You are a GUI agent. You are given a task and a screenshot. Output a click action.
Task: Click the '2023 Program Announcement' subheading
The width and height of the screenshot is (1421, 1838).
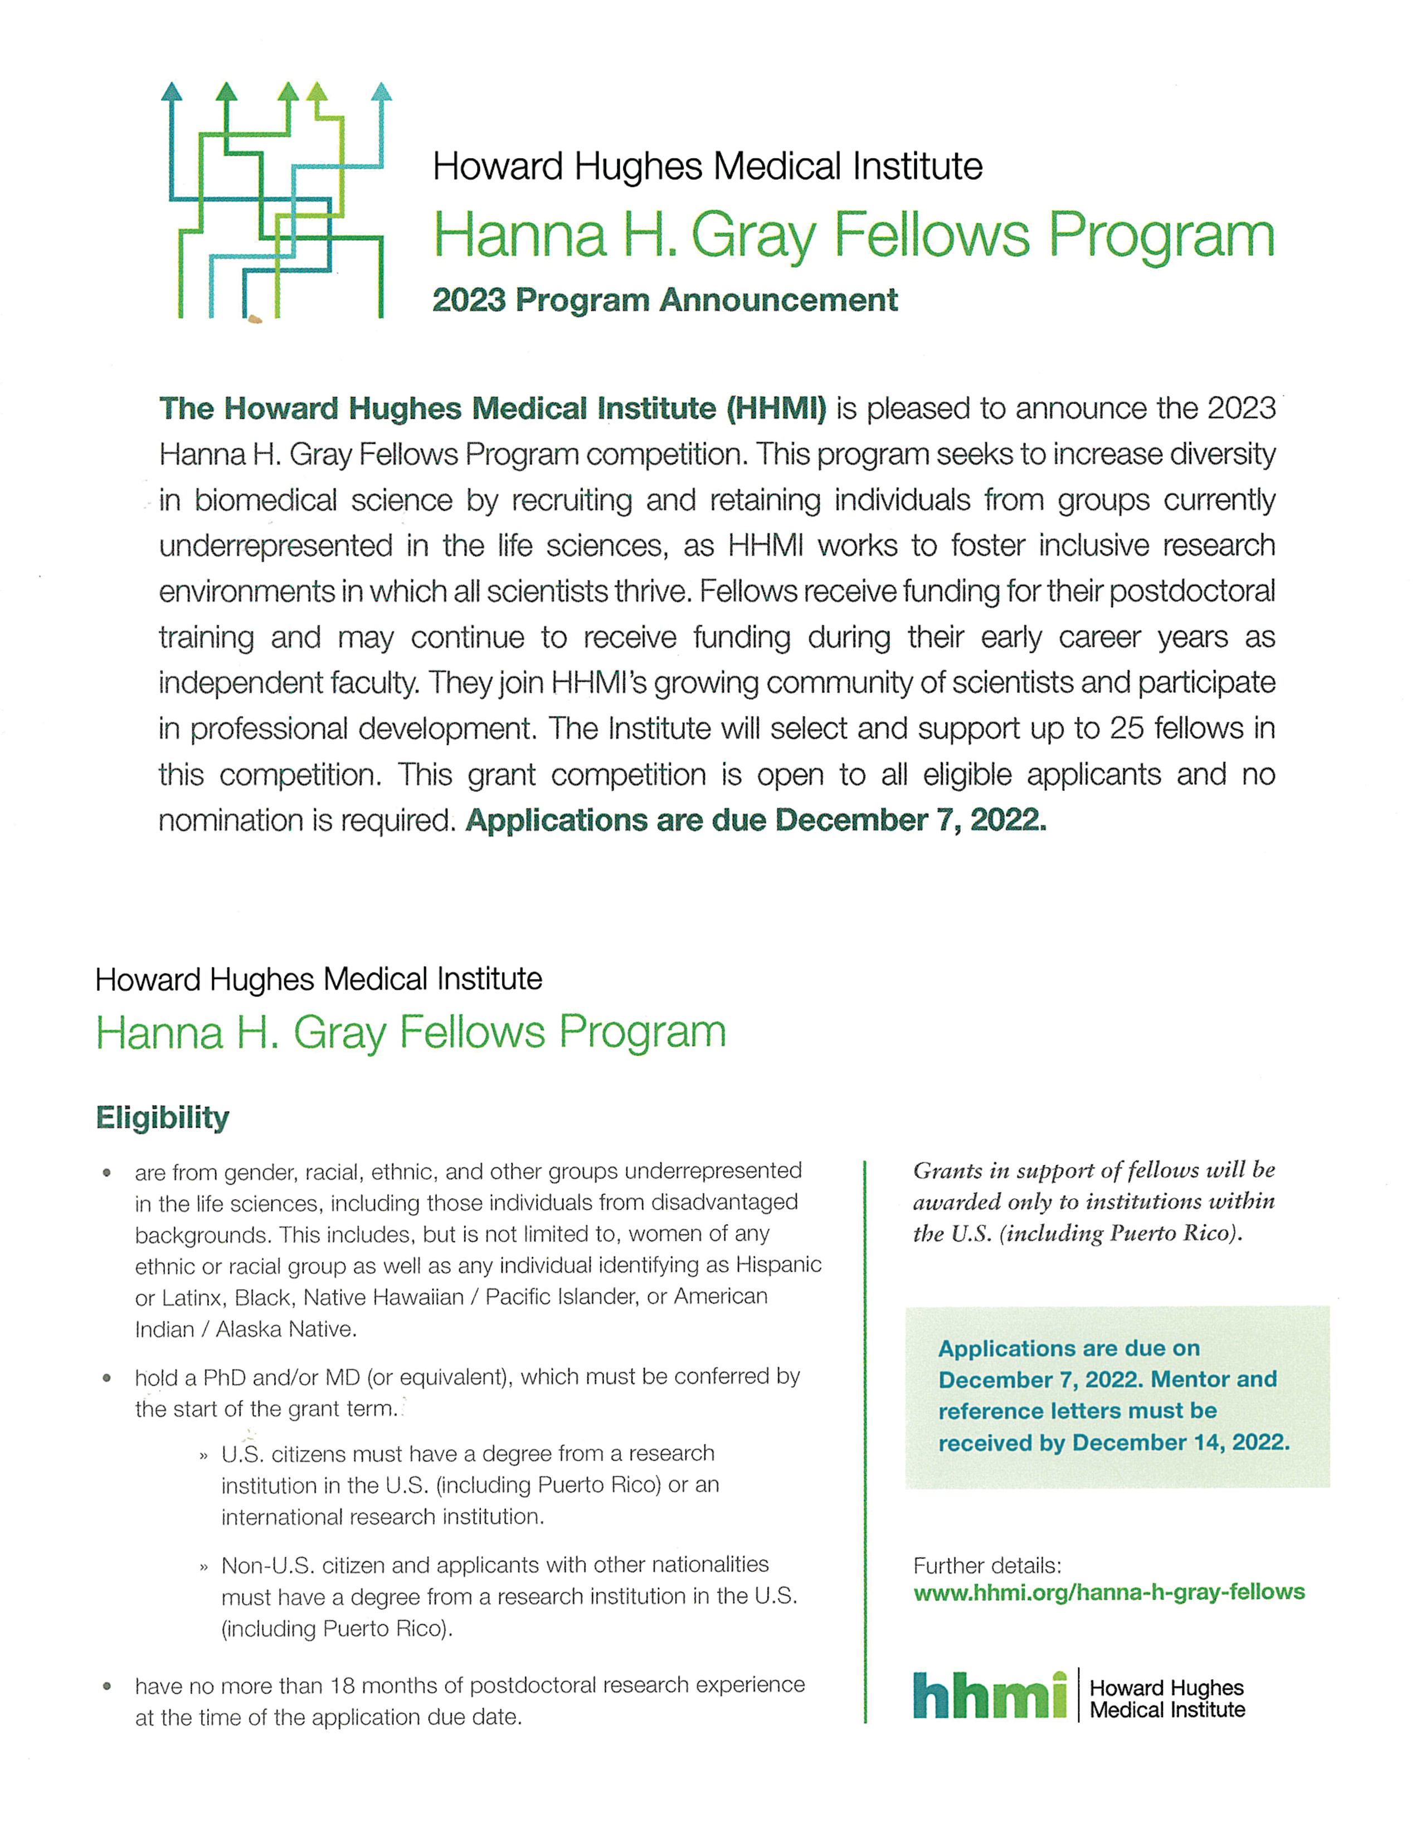664,300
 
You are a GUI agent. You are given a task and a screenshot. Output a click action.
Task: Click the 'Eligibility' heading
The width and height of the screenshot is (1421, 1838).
163,1118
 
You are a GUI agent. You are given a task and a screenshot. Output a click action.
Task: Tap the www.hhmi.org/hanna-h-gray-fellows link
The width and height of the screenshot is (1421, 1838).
1109,1592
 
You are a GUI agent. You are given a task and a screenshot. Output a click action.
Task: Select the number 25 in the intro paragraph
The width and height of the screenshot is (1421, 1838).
1126,729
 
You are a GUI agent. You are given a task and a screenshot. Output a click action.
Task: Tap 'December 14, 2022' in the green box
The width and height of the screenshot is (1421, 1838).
1180,1443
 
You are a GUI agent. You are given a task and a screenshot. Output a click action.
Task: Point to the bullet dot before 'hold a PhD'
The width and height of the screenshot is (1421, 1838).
107,1378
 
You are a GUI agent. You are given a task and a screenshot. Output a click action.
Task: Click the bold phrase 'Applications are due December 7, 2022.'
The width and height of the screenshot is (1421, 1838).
755,820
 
